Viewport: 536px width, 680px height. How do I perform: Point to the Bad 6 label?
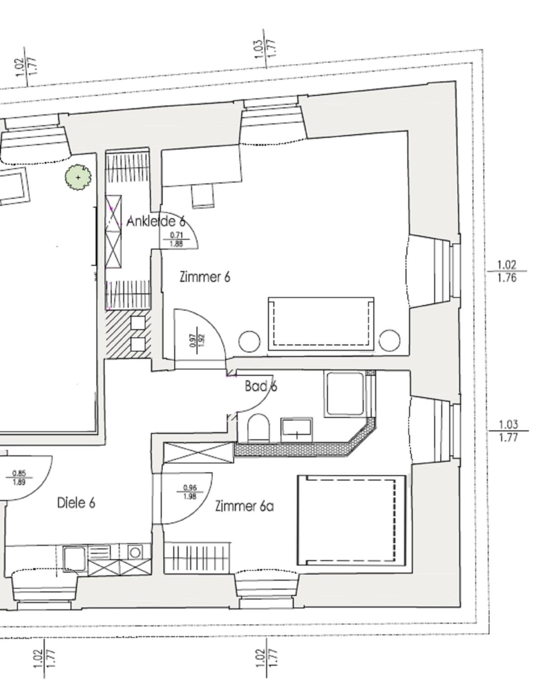[x=261, y=386]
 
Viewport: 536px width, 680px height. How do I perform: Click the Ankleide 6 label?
[x=156, y=222]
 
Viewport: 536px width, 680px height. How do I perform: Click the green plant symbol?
[x=78, y=177]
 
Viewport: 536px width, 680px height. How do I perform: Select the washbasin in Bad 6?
[x=297, y=430]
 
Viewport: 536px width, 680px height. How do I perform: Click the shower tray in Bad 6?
[x=345, y=395]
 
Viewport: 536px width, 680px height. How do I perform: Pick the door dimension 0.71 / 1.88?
[x=176, y=239]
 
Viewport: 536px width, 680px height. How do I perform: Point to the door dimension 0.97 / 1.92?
[x=197, y=340]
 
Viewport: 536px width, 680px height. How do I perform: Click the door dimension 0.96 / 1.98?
[x=190, y=492]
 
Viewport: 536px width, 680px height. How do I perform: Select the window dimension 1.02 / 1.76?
[x=507, y=271]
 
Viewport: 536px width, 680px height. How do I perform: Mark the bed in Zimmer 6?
[x=321, y=324]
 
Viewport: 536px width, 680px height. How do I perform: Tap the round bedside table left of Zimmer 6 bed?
[x=249, y=341]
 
